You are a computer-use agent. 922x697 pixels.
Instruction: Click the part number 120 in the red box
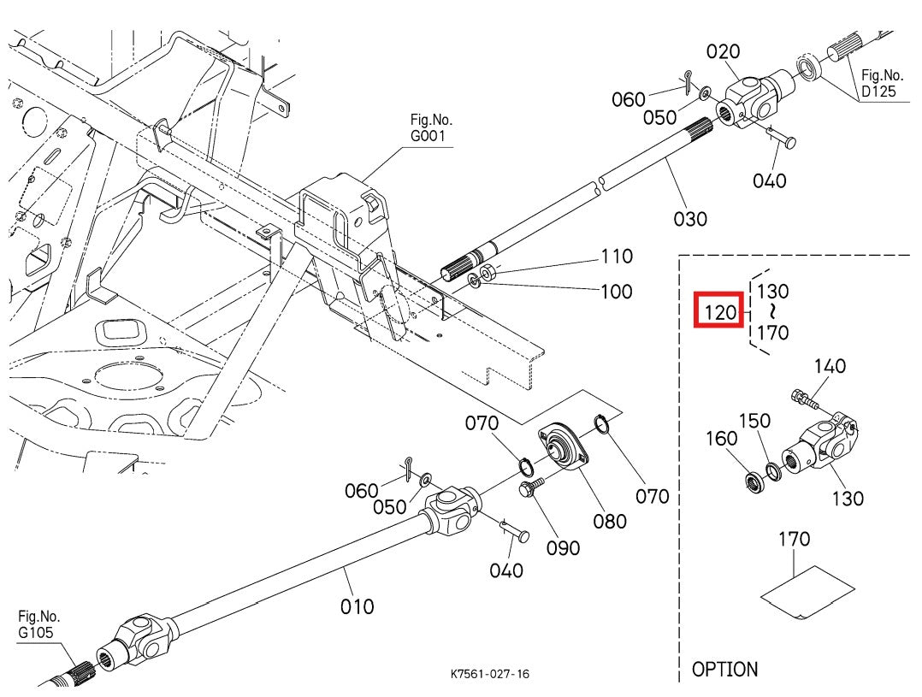(720, 312)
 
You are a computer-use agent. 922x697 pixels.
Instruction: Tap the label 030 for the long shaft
(690, 219)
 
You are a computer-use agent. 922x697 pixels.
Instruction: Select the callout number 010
(357, 606)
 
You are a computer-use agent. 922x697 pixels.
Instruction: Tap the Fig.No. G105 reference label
(38, 623)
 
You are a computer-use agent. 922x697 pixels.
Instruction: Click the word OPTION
(724, 669)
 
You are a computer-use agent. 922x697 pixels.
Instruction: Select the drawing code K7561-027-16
(490, 674)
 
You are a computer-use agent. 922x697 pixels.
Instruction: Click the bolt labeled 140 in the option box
(805, 397)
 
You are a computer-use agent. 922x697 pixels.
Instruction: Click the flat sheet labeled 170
(807, 590)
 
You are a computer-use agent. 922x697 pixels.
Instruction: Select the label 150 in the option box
(754, 421)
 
